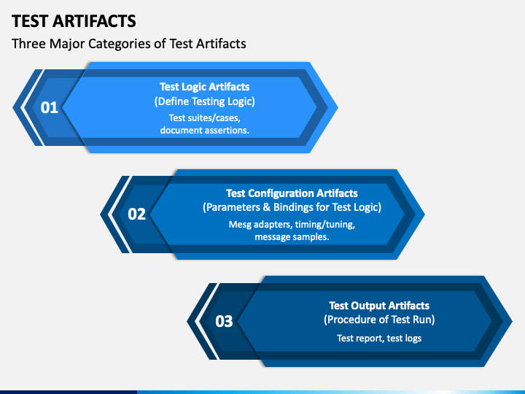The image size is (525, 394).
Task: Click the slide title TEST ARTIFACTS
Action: (74, 20)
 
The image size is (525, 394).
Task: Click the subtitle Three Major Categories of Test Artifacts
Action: (129, 44)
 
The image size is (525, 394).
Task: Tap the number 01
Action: (49, 108)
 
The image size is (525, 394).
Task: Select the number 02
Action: (137, 215)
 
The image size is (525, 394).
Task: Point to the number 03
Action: (224, 321)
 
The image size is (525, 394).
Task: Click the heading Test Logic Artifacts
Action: (204, 87)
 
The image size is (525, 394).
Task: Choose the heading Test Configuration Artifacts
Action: (292, 193)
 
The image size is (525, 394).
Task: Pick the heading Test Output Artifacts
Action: (379, 306)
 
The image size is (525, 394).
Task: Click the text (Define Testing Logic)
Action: (204, 101)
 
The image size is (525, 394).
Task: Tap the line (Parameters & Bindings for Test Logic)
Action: (292, 208)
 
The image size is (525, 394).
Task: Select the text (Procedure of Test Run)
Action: (379, 320)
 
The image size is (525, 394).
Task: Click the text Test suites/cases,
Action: (204, 117)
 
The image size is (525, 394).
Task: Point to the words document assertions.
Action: (204, 130)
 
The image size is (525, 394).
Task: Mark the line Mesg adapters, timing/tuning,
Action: (292, 225)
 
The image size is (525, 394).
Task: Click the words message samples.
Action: (292, 237)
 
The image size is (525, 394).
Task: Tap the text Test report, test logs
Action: (379, 339)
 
